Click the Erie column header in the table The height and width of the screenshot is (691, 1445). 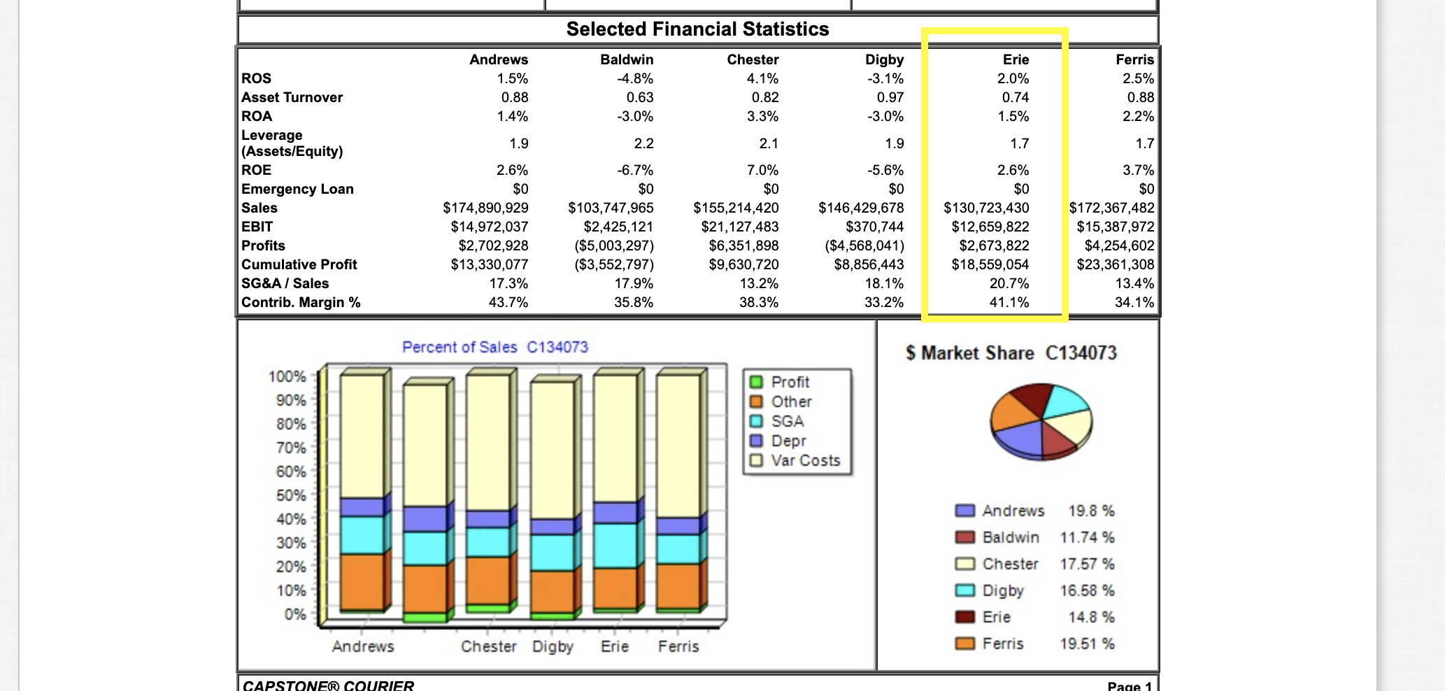pyautogui.click(x=1016, y=59)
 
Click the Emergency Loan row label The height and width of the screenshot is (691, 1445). pyautogui.click(x=297, y=189)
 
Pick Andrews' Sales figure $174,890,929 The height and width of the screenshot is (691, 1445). pyautogui.click(x=485, y=208)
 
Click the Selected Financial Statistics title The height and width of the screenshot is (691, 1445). pyautogui.click(x=697, y=29)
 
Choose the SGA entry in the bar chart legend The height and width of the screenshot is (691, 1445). pyautogui.click(x=787, y=421)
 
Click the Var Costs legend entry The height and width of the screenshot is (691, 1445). pyautogui.click(x=804, y=460)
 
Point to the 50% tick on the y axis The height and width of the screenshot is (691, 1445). pyautogui.click(x=290, y=495)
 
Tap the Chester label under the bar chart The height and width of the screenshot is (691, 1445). pyautogui.click(x=488, y=646)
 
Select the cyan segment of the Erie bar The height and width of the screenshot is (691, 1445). pyautogui.click(x=615, y=546)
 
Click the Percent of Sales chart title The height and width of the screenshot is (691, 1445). pyautogui.click(x=495, y=347)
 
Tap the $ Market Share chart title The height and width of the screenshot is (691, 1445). pyautogui.click(x=1011, y=353)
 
